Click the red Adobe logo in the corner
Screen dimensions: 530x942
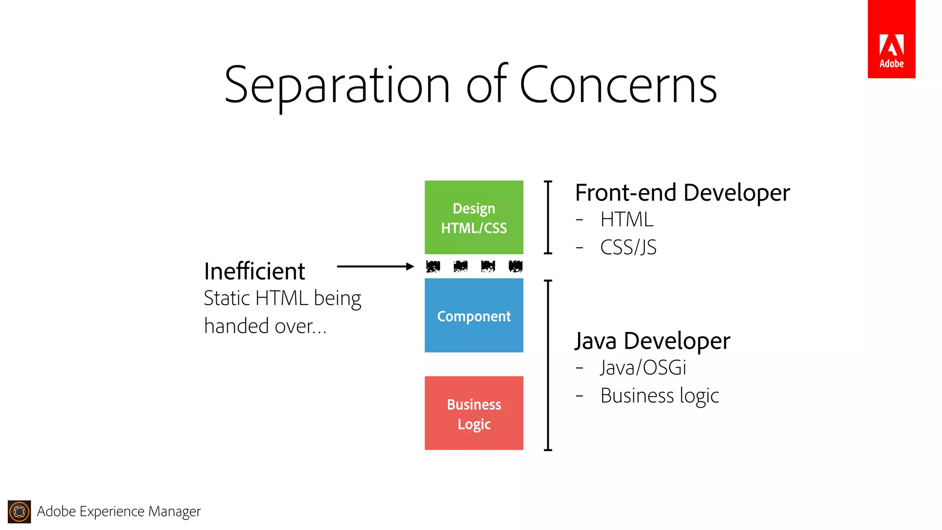click(891, 39)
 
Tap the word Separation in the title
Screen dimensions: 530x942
click(337, 86)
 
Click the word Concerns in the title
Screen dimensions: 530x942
click(618, 85)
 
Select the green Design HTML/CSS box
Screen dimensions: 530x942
click(474, 217)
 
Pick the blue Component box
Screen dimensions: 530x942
click(474, 316)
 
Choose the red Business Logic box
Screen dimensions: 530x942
click(474, 413)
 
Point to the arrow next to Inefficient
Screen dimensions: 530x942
click(375, 266)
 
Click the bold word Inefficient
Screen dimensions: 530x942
click(254, 271)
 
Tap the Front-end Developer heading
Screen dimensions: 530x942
click(682, 193)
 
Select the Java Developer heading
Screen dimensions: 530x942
click(652, 341)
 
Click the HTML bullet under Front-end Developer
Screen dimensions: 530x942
click(626, 219)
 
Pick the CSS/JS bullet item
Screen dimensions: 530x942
click(628, 248)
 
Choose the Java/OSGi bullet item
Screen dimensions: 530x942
click(643, 368)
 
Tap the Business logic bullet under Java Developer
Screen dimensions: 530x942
click(660, 396)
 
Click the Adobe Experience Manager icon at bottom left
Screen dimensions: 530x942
click(19, 512)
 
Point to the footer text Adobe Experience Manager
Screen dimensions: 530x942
click(119, 512)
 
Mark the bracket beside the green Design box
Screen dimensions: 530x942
click(548, 217)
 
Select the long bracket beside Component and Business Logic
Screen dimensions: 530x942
click(548, 365)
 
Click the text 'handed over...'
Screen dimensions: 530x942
click(265, 326)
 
